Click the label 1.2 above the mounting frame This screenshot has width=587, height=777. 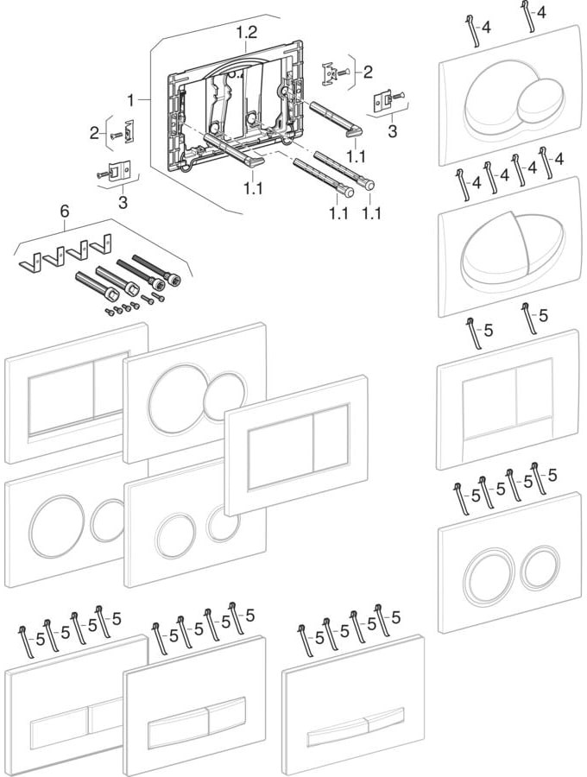(x=247, y=32)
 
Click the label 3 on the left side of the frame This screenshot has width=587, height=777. (x=123, y=201)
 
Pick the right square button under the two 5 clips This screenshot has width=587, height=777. (x=533, y=396)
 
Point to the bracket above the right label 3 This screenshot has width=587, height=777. (x=382, y=101)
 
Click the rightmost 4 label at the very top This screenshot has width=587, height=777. (x=540, y=12)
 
